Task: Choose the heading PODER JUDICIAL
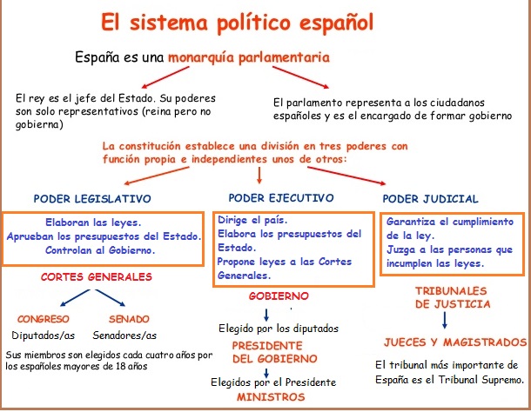(430, 198)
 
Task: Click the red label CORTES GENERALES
(97, 277)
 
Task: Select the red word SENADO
(128, 319)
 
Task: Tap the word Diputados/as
(44, 336)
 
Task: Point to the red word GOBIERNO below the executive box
(279, 296)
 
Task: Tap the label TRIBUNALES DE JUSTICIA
(453, 297)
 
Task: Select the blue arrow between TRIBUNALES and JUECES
(445, 321)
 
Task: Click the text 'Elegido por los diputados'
(278, 329)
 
